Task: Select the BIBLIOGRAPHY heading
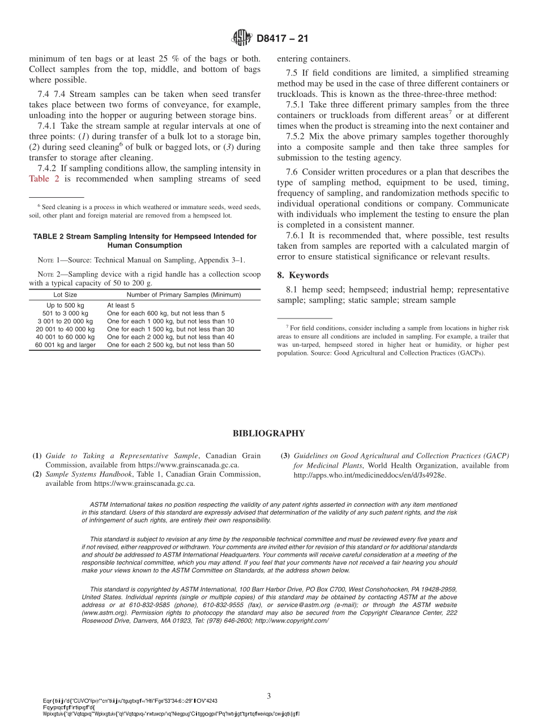pos(268,434)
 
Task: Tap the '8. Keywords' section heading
pos(302,275)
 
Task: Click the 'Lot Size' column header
pos(65,295)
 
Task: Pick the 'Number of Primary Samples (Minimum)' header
pos(183,295)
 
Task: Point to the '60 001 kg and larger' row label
pos(65,345)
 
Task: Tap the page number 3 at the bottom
pos(269,695)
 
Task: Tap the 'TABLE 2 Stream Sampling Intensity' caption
pos(144,236)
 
